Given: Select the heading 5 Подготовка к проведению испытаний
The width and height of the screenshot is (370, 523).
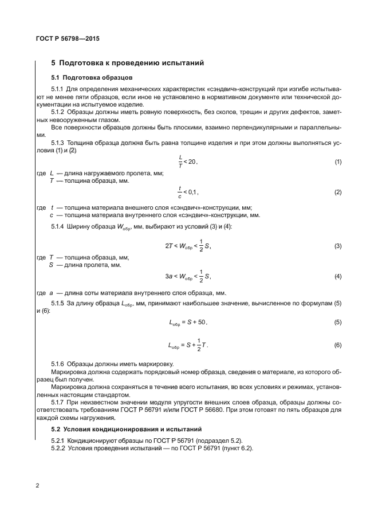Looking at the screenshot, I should (x=128, y=63).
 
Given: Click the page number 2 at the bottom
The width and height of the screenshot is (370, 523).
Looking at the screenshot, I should (x=37, y=486).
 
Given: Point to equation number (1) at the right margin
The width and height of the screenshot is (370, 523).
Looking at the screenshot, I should (x=338, y=162).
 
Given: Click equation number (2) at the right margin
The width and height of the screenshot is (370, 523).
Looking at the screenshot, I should (x=338, y=192).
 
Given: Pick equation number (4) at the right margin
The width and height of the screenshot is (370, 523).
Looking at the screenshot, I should (x=338, y=276).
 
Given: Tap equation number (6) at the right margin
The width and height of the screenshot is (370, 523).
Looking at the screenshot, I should (x=338, y=345).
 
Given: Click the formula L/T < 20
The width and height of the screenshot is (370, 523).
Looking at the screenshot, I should (x=187, y=162).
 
